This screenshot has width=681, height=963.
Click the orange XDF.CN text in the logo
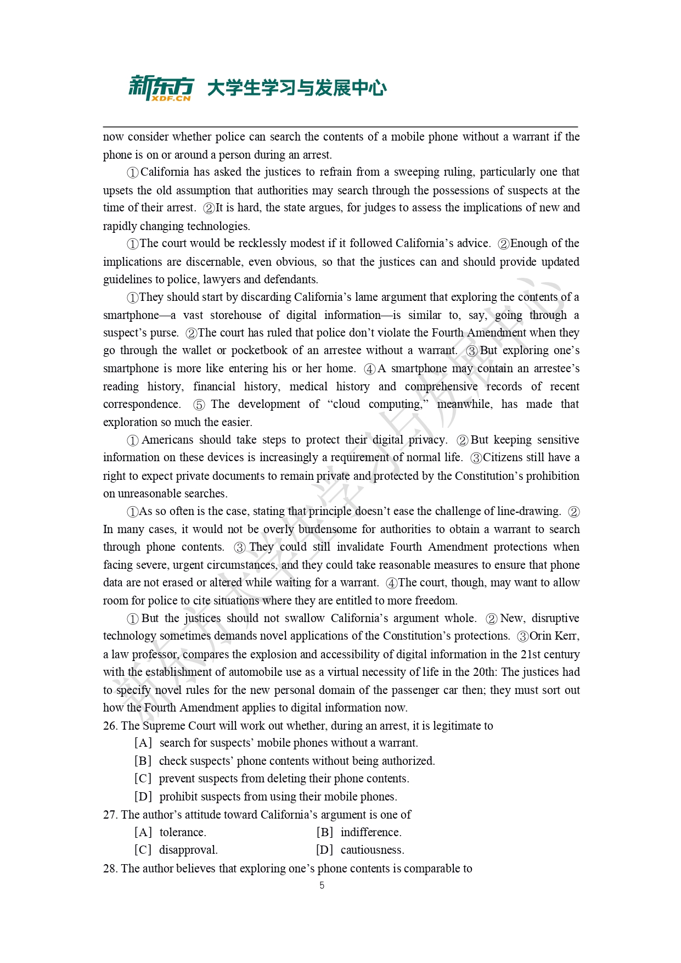(171, 98)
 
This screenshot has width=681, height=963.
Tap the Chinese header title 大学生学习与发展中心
(297, 88)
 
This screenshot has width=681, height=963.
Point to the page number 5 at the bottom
(322, 885)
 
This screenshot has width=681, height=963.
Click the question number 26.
(110, 726)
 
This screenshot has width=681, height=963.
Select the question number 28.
(110, 869)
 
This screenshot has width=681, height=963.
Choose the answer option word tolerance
(182, 832)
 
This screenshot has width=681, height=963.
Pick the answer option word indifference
(370, 832)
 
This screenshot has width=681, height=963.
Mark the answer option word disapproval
(188, 850)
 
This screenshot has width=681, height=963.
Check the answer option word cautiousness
(372, 850)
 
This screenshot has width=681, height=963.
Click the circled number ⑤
(199, 405)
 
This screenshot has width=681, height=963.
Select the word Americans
(167, 440)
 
